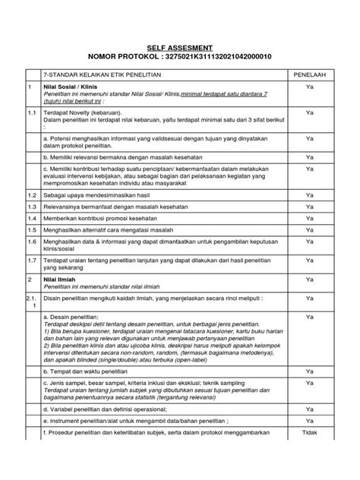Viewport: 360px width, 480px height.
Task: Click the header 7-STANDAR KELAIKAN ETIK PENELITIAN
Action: click(x=98, y=77)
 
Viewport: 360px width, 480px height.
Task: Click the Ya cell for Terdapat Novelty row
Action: click(x=309, y=112)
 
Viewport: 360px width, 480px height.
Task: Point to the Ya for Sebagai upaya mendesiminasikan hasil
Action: click(x=309, y=194)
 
